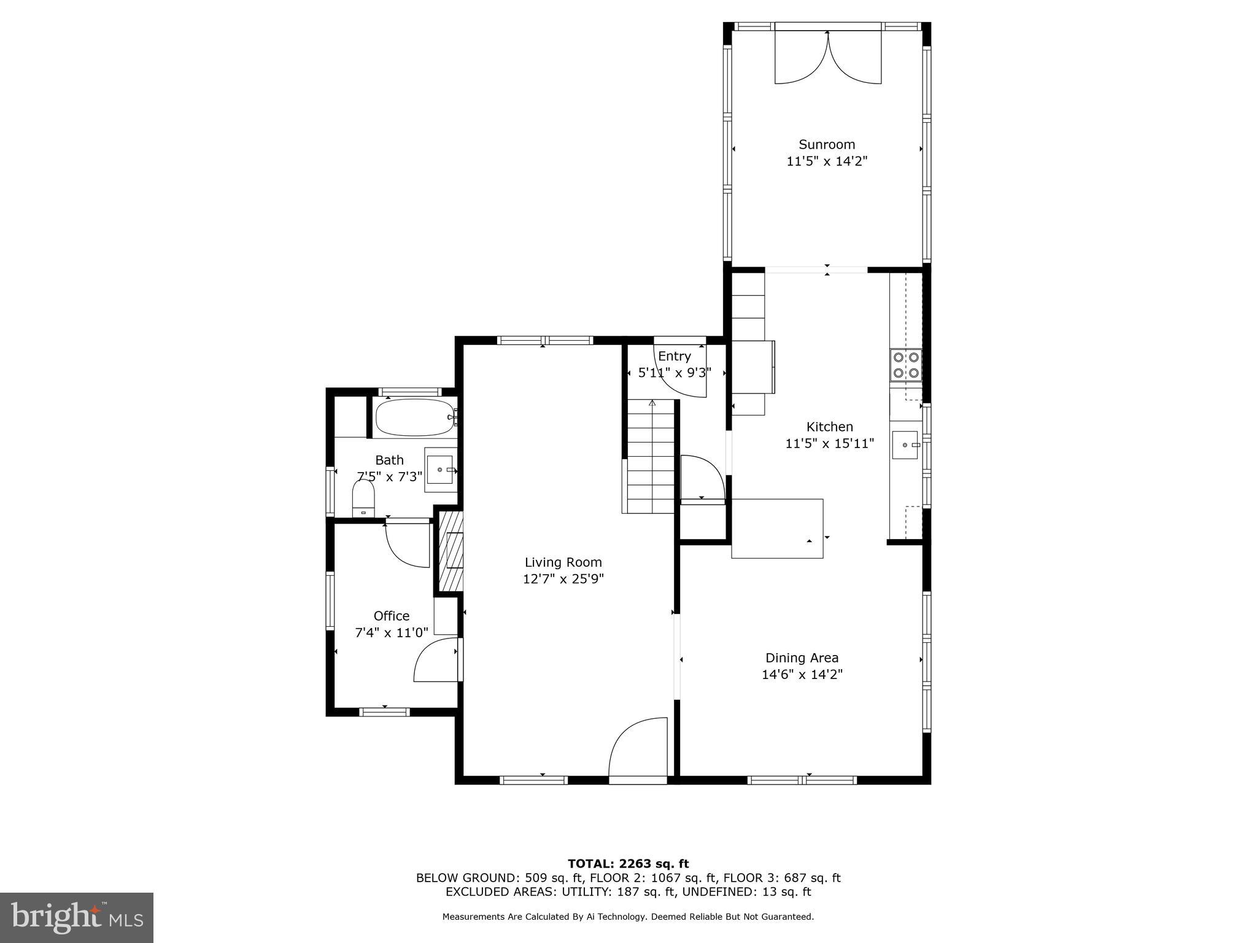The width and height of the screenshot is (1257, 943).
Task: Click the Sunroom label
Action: (826, 145)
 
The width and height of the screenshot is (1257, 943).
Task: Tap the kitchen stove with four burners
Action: (906, 365)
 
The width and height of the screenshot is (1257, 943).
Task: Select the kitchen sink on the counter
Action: (905, 445)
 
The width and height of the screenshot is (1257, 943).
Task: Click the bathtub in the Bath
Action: (414, 417)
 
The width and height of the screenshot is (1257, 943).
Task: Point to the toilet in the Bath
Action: (363, 497)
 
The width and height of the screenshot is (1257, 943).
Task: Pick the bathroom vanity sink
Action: (440, 470)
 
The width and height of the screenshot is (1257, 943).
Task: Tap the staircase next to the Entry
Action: (651, 457)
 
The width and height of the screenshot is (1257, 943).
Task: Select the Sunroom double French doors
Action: (827, 58)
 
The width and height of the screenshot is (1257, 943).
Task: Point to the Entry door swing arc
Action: (681, 374)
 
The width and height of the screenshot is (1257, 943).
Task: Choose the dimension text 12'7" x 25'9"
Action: (563, 579)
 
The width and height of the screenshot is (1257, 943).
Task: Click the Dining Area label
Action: (802, 658)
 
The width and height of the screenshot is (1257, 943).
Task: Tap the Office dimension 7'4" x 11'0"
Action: (392, 633)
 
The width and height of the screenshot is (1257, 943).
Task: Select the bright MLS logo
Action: (77, 917)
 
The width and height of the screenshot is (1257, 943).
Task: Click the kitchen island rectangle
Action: (776, 528)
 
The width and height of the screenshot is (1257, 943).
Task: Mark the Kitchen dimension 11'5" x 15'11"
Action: (829, 443)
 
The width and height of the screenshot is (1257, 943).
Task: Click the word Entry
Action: (674, 356)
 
